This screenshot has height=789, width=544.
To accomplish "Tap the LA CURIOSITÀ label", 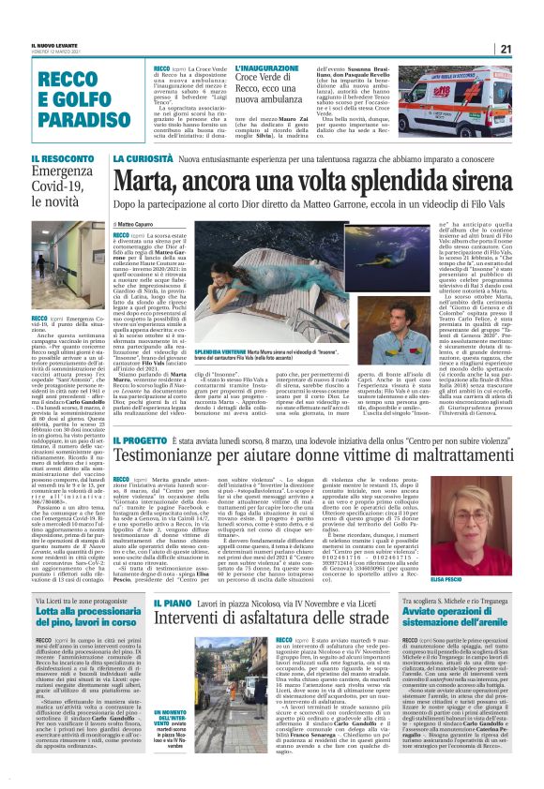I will [x=140, y=159].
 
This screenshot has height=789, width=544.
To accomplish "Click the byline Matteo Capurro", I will [x=141, y=225].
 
